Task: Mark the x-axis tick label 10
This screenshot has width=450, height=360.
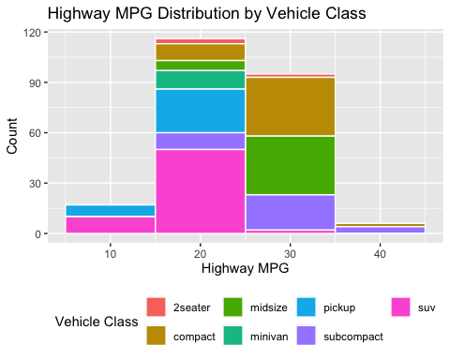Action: tap(111, 253)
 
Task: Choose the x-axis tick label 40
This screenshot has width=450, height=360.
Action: tap(380, 253)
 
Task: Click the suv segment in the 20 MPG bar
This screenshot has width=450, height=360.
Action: tap(201, 191)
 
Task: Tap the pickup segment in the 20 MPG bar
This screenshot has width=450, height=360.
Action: tap(201, 111)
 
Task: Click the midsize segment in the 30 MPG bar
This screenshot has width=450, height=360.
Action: tap(290, 165)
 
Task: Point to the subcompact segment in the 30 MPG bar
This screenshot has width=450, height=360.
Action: tap(290, 212)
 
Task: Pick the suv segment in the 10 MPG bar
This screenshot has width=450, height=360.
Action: tap(111, 224)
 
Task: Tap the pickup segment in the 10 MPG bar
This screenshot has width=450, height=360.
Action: tap(111, 210)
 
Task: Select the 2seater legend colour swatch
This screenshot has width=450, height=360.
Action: tap(157, 307)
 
